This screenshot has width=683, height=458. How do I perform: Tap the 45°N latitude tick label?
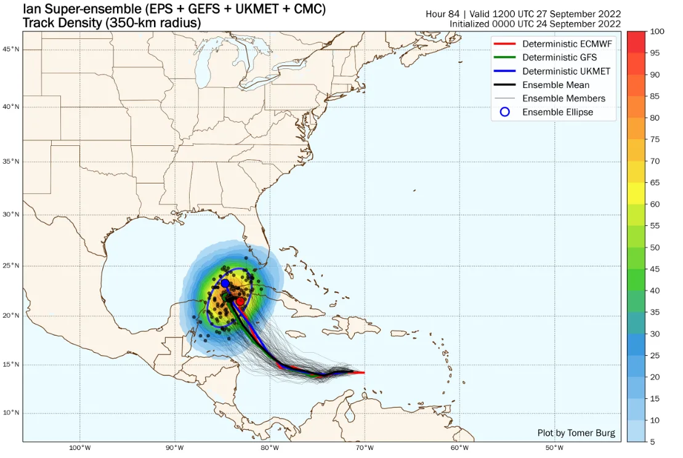click(x=12, y=49)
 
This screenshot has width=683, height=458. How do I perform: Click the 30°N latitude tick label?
click(x=12, y=215)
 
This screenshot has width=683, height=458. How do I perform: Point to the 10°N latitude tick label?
click(x=12, y=412)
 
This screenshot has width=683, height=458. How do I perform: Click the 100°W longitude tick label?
click(x=79, y=448)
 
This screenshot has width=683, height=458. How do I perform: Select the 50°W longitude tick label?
click(x=554, y=448)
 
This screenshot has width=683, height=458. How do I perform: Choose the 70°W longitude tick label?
click(x=364, y=448)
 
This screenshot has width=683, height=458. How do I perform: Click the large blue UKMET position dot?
click(x=225, y=283)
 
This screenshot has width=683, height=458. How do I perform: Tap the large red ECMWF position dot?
click(x=240, y=302)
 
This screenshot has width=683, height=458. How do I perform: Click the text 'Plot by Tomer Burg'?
click(x=576, y=433)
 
